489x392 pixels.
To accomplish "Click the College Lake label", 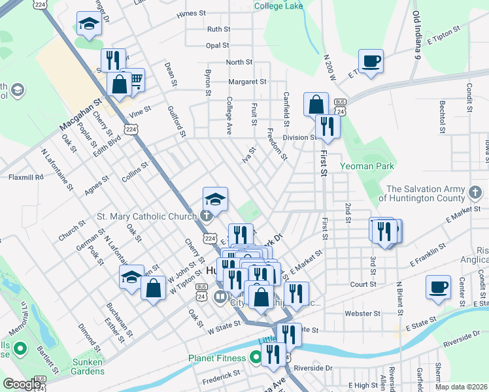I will pos(279,6).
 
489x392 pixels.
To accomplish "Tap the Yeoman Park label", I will pos(367,167).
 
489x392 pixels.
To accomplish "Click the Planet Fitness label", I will pos(217,358).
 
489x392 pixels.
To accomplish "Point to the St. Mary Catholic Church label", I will pos(146,216).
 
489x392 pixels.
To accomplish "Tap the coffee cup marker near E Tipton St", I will pos(371,62).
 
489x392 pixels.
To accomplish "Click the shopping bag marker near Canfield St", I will pos(316,105).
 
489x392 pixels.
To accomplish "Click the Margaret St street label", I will pos(246,82).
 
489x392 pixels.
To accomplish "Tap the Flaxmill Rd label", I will pos(25,177).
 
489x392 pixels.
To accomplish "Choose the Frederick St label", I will pos(220,376).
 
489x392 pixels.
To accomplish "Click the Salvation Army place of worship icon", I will pos(475,193).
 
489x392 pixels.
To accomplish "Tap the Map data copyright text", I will pos(460,387).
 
